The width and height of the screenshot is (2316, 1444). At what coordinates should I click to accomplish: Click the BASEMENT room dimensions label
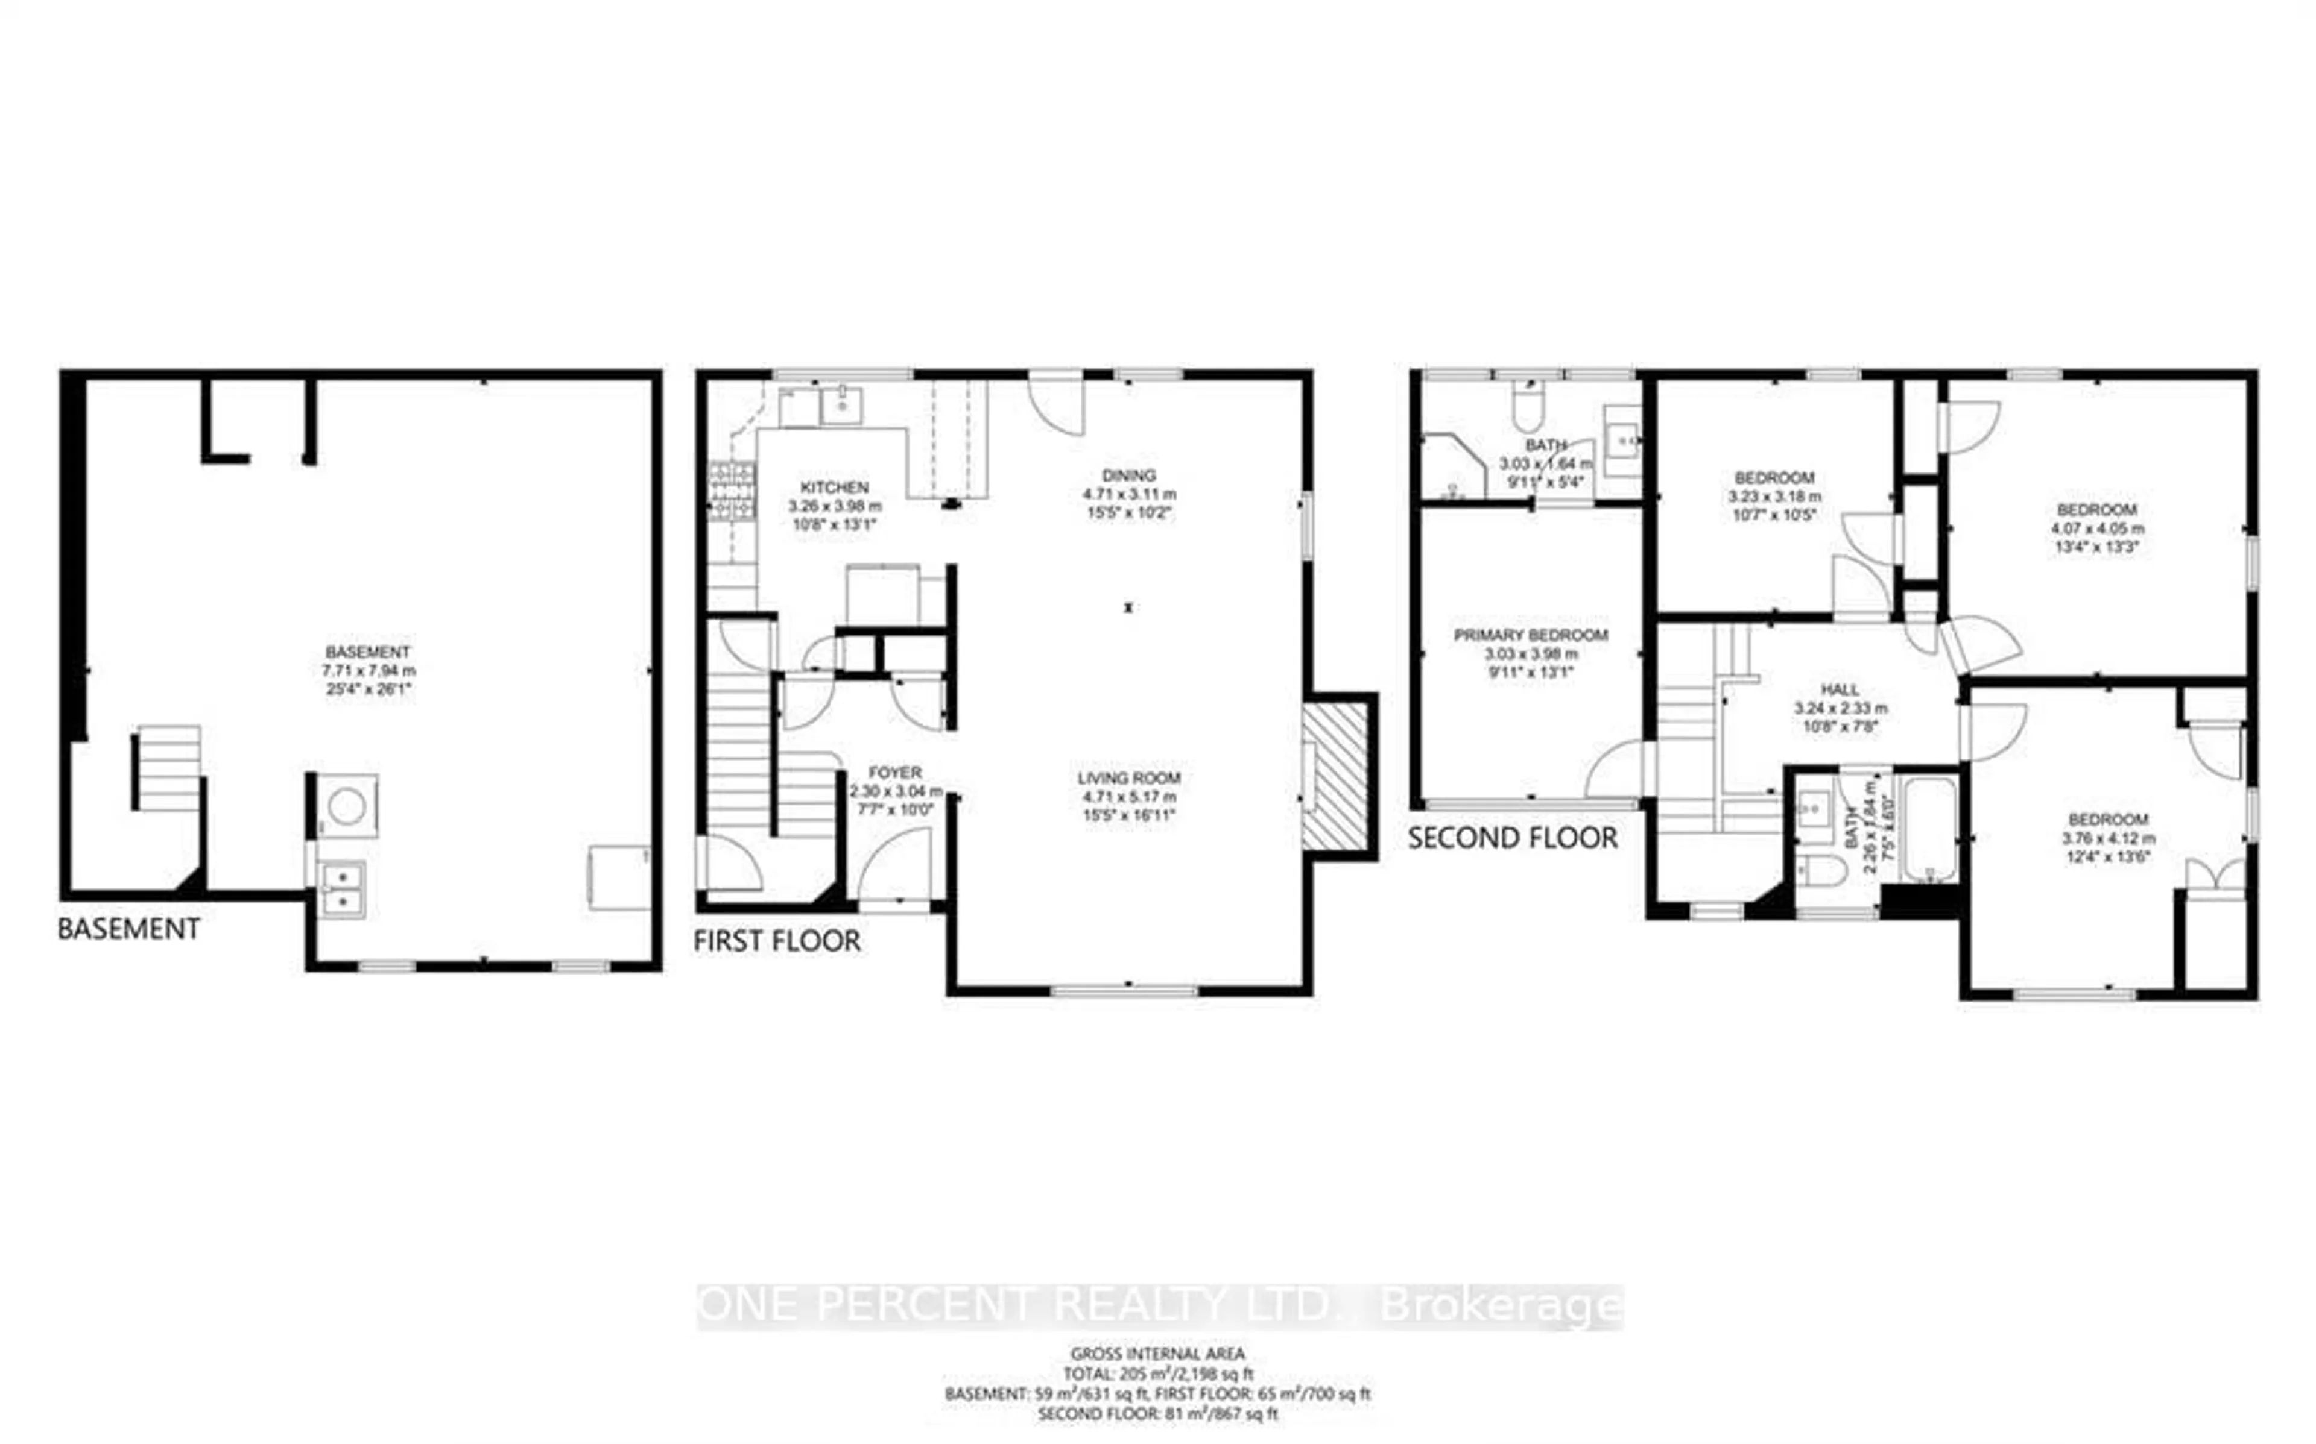[368, 670]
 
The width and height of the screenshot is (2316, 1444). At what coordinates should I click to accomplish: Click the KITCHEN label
[834, 487]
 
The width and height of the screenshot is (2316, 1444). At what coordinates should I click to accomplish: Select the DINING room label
[1128, 476]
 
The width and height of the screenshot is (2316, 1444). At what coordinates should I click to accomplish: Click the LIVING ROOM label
[1128, 778]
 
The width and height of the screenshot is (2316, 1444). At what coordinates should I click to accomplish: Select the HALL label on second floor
[1840, 689]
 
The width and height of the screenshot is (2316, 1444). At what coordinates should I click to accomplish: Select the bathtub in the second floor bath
[1928, 829]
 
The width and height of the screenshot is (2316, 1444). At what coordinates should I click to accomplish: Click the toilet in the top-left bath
[1527, 408]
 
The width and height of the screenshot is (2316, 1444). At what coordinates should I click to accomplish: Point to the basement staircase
[167, 769]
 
